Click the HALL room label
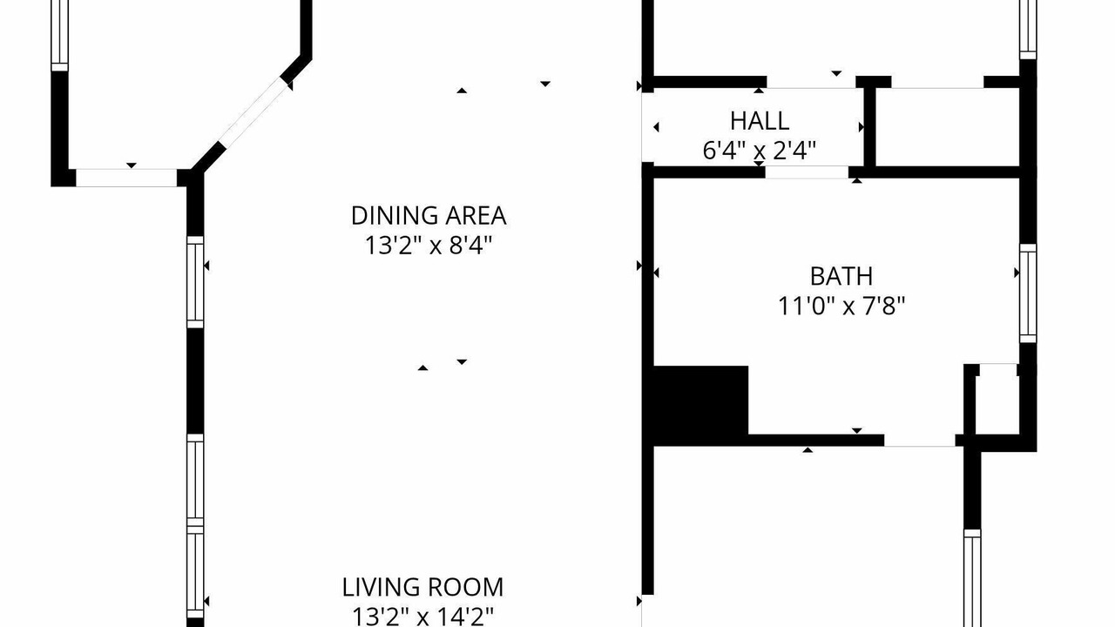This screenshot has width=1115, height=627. (760, 121)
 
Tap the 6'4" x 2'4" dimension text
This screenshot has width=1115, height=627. (760, 151)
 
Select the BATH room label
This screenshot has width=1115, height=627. (841, 276)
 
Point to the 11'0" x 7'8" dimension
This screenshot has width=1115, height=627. (841, 306)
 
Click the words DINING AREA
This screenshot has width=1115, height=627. (429, 215)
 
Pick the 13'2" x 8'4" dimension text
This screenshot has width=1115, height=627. (429, 246)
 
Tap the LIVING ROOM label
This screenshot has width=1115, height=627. (422, 587)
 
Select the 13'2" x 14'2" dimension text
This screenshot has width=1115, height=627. (422, 616)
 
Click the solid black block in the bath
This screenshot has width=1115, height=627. (700, 406)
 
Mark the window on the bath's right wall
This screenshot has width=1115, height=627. (1028, 293)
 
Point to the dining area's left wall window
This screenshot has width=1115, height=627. (195, 282)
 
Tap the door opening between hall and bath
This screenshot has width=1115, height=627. (807, 172)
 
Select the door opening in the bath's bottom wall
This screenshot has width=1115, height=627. (919, 441)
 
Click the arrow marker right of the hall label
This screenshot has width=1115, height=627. (862, 127)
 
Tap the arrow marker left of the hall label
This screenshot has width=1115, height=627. (656, 127)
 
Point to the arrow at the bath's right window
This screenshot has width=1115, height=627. (1017, 273)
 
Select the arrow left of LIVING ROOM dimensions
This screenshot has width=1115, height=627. (206, 601)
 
